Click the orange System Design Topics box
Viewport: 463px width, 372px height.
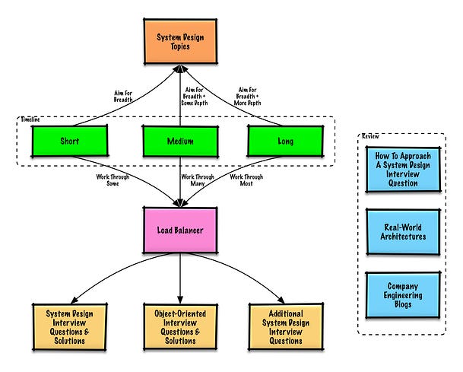pos(180,41)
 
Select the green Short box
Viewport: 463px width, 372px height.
pos(70,141)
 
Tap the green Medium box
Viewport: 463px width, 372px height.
pos(180,141)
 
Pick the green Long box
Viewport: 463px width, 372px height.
pos(285,141)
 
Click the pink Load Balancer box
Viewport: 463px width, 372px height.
pos(180,230)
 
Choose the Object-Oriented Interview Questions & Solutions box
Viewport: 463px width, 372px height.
pos(180,327)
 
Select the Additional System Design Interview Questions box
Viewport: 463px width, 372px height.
pos(286,327)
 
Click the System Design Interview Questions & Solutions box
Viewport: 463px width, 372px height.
pos(70,327)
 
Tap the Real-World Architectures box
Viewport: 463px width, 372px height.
pos(403,232)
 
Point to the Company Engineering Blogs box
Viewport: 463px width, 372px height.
pos(403,295)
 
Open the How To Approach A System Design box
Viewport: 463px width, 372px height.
pos(403,170)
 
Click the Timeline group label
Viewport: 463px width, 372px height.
pos(30,119)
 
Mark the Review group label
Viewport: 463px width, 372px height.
pos(370,136)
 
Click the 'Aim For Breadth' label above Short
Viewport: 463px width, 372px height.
pos(123,97)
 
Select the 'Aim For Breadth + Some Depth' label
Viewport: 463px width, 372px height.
pos(195,97)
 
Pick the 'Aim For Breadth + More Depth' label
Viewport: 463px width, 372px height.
pos(247,97)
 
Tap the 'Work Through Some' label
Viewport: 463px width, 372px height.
pos(113,180)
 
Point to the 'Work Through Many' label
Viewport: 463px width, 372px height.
pos(198,180)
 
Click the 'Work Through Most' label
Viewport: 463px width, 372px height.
pos(246,180)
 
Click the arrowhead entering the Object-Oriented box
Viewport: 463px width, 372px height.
pos(180,300)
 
